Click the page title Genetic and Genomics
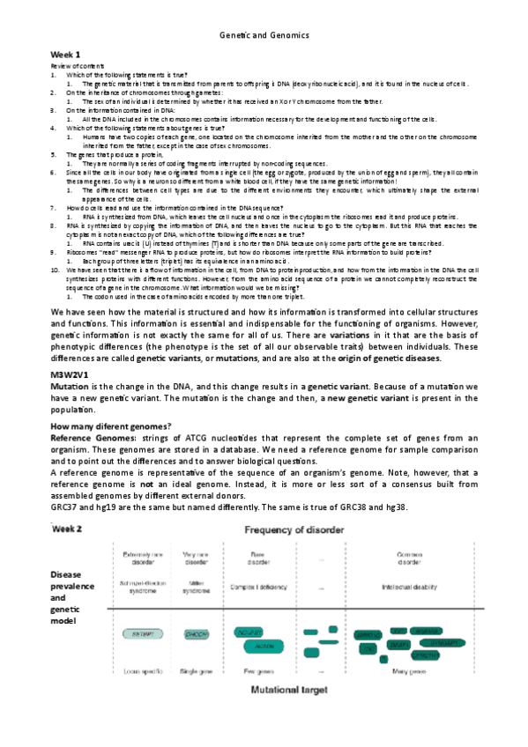pyautogui.click(x=264, y=35)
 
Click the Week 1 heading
pyautogui.click(x=64, y=55)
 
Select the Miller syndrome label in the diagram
pyautogui.click(x=195, y=586)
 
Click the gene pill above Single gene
pyautogui.click(x=195, y=633)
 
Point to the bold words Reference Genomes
pyautogui.click(x=91, y=438)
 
